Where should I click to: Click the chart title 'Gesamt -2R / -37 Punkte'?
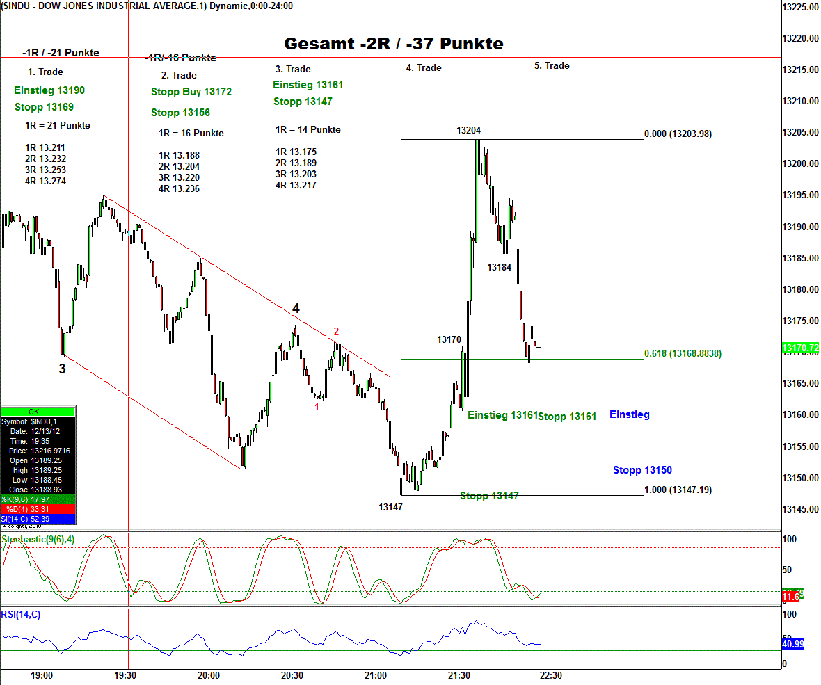[x=393, y=44]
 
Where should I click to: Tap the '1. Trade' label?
[x=45, y=72]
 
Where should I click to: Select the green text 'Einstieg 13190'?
[x=49, y=90]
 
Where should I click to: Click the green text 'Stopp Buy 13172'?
[x=191, y=92]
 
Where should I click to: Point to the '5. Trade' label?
[x=552, y=66]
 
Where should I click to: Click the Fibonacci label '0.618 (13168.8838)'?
[x=683, y=354]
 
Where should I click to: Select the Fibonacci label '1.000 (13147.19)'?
[x=678, y=490]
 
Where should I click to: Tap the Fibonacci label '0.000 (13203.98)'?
[x=678, y=134]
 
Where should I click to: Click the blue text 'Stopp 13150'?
[x=642, y=470]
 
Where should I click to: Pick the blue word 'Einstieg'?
[x=629, y=414]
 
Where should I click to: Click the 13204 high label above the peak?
[x=468, y=130]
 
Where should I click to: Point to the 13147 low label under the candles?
[x=390, y=508]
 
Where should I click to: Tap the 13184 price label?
[x=499, y=267]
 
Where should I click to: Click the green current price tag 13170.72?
[x=799, y=347]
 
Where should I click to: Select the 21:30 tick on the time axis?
[x=459, y=675]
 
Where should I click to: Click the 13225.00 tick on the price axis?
[x=799, y=7]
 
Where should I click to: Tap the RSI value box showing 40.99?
[x=793, y=645]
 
